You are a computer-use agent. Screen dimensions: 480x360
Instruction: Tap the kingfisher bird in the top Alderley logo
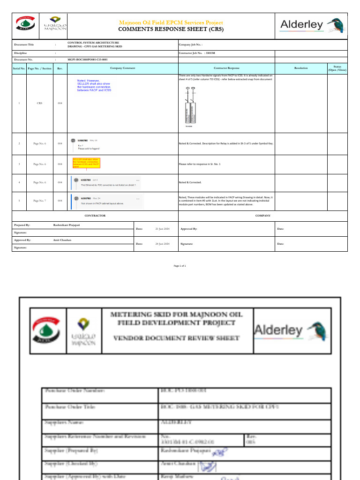[334, 25]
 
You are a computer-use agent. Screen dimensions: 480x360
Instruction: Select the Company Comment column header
[122, 68]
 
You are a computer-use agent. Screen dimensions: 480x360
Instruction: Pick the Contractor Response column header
[226, 68]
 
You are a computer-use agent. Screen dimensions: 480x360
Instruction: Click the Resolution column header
[301, 68]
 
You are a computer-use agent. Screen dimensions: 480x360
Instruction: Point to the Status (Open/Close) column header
[337, 68]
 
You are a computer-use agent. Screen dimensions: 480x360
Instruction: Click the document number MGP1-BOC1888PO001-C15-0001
[88, 60]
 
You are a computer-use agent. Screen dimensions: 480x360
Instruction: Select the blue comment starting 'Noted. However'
[94, 85]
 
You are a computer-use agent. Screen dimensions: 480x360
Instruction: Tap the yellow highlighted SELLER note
[86, 163]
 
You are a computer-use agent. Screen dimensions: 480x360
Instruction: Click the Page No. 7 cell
[39, 201]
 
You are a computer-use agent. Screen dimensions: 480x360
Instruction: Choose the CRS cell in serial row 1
[39, 103]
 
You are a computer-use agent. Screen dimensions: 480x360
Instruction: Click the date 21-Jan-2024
[162, 229]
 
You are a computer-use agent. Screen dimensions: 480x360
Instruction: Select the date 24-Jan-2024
[162, 244]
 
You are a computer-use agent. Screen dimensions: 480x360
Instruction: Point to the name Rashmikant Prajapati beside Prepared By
[70, 225]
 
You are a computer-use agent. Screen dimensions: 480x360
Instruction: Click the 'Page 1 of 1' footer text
[180, 266]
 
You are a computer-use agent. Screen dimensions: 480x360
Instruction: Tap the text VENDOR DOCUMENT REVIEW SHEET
[177, 338]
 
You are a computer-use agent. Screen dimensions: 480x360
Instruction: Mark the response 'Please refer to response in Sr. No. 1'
[200, 164]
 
